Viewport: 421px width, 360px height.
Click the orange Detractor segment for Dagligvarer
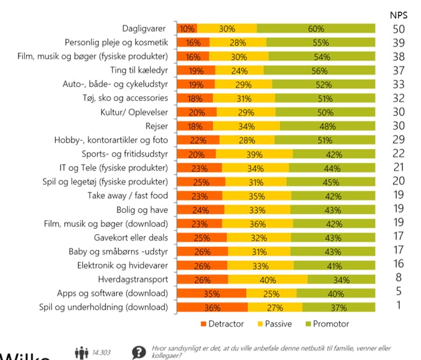tap(187, 29)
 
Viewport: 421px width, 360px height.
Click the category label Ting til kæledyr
tap(138, 70)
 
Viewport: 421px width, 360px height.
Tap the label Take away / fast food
tap(128, 196)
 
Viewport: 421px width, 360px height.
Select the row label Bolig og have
tap(142, 209)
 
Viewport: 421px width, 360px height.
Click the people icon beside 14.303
tap(81, 352)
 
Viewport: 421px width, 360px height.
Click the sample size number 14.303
tap(102, 352)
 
